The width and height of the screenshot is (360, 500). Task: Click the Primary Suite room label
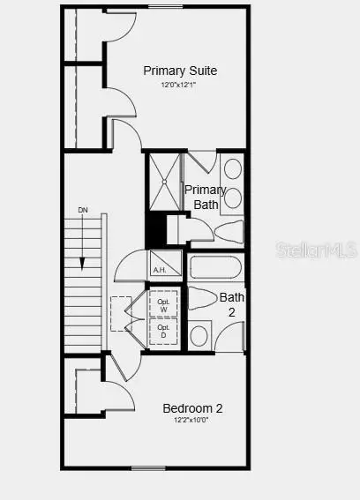click(181, 71)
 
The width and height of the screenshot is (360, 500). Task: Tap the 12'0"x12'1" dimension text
click(178, 86)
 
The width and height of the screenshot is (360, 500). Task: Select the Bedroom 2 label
click(192, 408)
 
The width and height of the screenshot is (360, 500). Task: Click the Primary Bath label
click(205, 198)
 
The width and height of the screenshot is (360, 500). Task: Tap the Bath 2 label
click(232, 303)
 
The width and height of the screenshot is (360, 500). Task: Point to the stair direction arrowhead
click(82, 265)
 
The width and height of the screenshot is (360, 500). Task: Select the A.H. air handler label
click(161, 270)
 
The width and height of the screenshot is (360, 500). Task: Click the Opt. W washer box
click(163, 303)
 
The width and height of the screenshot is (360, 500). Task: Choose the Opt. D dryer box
click(163, 332)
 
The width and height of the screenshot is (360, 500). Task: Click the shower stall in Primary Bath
click(164, 182)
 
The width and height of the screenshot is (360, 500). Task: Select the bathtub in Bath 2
click(215, 267)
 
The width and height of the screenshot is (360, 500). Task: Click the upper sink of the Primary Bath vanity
click(232, 168)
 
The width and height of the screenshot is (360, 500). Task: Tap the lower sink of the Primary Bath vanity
click(232, 198)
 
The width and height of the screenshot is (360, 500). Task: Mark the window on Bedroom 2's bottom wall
click(148, 467)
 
